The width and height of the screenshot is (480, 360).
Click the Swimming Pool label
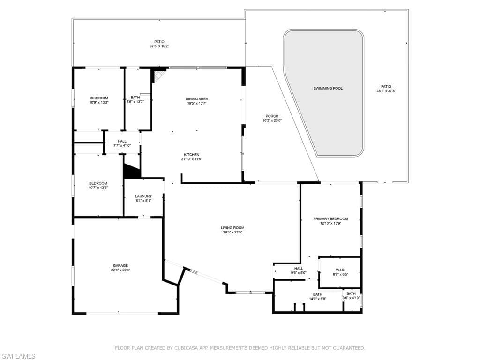[x=328, y=88]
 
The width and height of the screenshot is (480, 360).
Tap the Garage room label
[x=120, y=266]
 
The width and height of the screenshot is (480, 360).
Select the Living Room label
[x=232, y=228]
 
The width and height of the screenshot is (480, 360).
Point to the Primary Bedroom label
[x=330, y=219]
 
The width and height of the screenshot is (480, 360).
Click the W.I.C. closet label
[x=340, y=270]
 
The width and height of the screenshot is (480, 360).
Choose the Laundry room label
[x=143, y=196]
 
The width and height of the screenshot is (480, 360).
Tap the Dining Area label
[x=197, y=99]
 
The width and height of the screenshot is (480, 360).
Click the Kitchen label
[x=192, y=155]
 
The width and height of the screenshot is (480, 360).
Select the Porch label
[x=272, y=116]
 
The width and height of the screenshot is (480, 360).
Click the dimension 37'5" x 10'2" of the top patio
[x=159, y=46]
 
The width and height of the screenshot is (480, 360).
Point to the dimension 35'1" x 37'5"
[x=386, y=91]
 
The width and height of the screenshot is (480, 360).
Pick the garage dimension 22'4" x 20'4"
[x=120, y=270]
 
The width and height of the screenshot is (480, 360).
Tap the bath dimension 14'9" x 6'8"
[x=317, y=299]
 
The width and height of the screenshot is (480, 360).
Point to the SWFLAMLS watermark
[x=18, y=356]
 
